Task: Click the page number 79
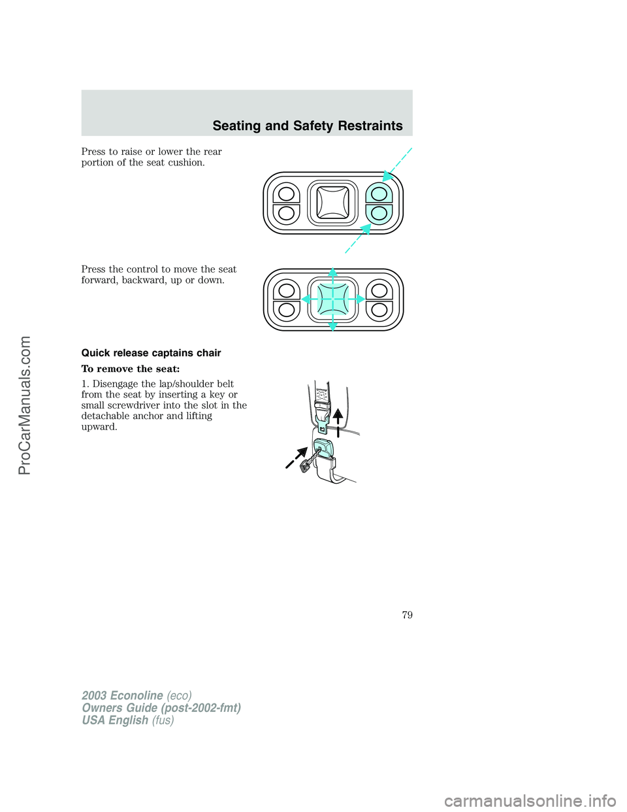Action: [x=407, y=615]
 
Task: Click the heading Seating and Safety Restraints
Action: [x=308, y=126]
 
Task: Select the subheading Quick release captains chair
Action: [x=151, y=353]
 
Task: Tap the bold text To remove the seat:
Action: [x=130, y=369]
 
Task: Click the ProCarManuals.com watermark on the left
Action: [x=25, y=405]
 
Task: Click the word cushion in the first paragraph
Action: [x=186, y=163]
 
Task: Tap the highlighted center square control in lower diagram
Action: [x=332, y=299]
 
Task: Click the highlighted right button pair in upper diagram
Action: [x=379, y=203]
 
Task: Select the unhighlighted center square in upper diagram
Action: [x=332, y=203]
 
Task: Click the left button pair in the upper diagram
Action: [x=286, y=203]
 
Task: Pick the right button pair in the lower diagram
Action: [x=379, y=300]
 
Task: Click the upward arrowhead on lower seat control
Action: [x=332, y=272]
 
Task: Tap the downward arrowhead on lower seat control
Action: [x=332, y=326]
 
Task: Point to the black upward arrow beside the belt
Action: [x=338, y=420]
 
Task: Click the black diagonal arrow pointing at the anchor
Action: [x=296, y=458]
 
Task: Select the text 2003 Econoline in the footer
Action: [x=122, y=696]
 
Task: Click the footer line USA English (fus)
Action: [x=127, y=720]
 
